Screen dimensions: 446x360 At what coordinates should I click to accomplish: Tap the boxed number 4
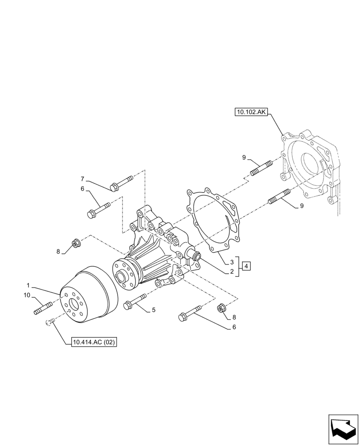[x=247, y=266]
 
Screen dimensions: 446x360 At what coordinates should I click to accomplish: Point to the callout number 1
[x=28, y=285]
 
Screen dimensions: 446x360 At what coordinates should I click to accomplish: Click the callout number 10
[x=27, y=295]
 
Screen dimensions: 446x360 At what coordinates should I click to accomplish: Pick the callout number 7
[x=82, y=178]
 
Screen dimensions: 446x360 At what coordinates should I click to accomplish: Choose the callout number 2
[x=232, y=271]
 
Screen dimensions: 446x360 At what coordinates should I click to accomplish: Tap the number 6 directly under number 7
[x=82, y=189]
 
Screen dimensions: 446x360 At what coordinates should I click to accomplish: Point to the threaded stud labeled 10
[x=43, y=308]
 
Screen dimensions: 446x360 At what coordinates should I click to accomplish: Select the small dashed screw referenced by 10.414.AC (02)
[x=50, y=322]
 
